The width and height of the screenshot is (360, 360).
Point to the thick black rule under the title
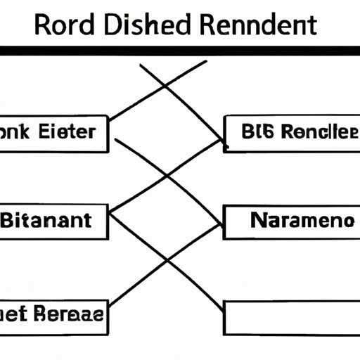click(x=180, y=51)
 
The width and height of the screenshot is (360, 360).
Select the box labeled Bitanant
click(x=54, y=221)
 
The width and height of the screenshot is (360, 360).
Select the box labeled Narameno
click(x=291, y=221)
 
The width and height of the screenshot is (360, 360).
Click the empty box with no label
click(x=291, y=316)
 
